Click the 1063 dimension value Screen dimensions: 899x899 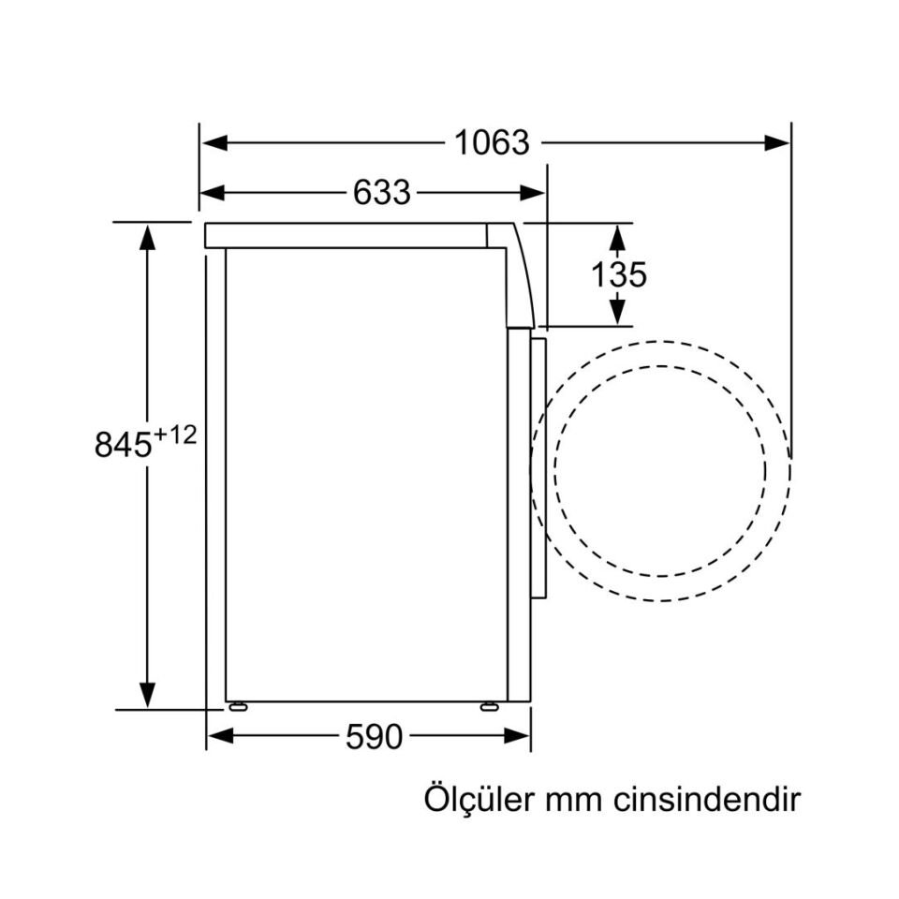(x=493, y=143)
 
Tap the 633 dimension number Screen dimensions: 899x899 (x=382, y=193)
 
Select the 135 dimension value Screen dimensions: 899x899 (x=618, y=274)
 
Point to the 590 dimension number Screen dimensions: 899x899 (x=374, y=737)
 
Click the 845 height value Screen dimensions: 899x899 (x=123, y=444)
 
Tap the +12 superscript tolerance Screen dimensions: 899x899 (x=175, y=435)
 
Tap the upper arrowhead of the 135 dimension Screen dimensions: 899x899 (x=618, y=235)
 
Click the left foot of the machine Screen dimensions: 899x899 (x=238, y=706)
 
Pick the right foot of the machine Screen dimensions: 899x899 (x=489, y=706)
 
